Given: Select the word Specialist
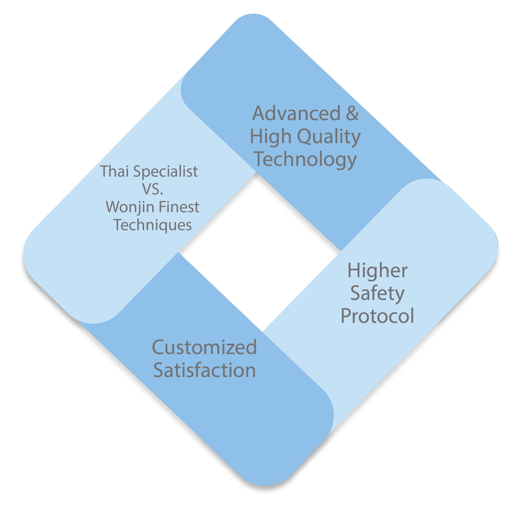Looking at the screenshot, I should point(165,171).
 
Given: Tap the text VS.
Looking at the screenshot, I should point(153,189).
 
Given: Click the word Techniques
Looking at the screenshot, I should point(153,225).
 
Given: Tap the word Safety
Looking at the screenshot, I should point(377,294).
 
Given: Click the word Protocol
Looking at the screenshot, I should point(377,316).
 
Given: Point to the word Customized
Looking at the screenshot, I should point(205,347).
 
